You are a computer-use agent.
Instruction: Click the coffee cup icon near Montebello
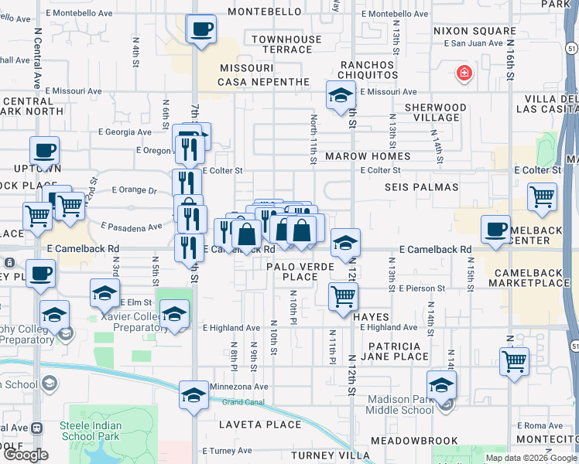click(x=201, y=30)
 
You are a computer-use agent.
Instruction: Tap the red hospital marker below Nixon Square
click(x=464, y=73)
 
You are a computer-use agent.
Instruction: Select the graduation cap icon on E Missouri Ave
click(x=341, y=96)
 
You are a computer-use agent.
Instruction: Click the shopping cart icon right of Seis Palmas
click(x=542, y=197)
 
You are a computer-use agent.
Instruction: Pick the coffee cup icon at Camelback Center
click(x=495, y=230)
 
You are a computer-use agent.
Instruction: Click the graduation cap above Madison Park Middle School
click(x=441, y=385)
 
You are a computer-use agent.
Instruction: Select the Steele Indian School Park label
click(x=87, y=425)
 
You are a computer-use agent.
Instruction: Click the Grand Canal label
click(x=244, y=402)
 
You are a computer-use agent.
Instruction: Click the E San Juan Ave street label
click(x=468, y=43)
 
